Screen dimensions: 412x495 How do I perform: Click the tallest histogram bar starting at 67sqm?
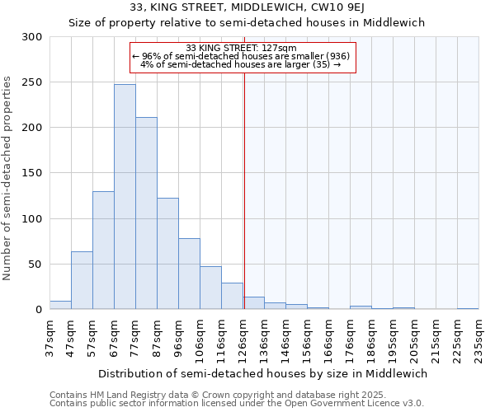coord(125,198)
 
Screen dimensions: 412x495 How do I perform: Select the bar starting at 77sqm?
coord(146,214)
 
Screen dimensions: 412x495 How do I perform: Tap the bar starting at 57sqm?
coord(103,250)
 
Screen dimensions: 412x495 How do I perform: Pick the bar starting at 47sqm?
coord(82,281)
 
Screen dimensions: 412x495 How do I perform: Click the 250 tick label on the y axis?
coord(32,82)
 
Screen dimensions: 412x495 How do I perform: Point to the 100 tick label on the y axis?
coord(32,219)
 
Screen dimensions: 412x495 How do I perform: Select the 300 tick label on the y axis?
coord(32,37)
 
